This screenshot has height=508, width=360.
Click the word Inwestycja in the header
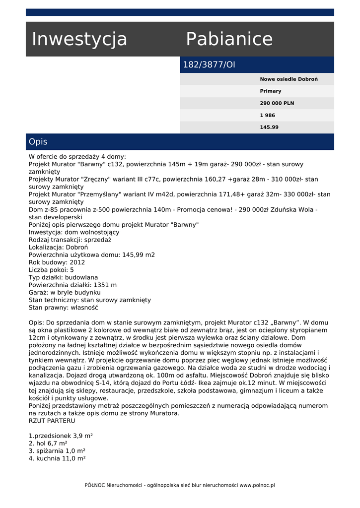point(79,39)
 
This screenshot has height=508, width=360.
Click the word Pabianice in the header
point(229,39)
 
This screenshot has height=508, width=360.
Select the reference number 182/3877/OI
point(209,65)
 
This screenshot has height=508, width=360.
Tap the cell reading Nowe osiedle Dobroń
point(288,79)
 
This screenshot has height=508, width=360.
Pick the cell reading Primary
point(271,91)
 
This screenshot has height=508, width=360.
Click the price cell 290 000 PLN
point(277,103)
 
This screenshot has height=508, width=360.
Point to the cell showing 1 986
point(267,115)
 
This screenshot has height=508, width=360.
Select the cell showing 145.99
point(269,127)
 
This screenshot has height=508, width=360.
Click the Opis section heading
point(38,142)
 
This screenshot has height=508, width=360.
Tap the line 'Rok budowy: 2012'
point(57,262)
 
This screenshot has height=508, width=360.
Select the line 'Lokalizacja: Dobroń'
point(58,247)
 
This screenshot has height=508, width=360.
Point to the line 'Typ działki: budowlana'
point(63,277)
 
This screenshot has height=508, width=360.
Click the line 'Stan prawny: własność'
point(63,308)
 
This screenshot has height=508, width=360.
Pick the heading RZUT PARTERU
point(52,421)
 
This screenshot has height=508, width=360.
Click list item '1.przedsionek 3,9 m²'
point(61,436)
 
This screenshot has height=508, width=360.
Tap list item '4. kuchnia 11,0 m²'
point(57,458)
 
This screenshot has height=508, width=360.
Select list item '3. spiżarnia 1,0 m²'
point(57,451)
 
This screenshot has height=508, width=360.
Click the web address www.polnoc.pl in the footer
point(257,485)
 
